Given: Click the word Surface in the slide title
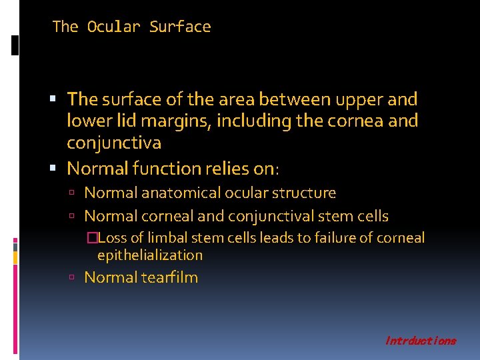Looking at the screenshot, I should click(x=180, y=27).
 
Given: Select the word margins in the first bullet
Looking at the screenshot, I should click(x=170, y=121).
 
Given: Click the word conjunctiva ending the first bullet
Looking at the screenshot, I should click(x=114, y=143).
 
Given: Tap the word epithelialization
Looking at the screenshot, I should click(x=150, y=255).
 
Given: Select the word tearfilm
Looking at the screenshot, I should click(x=170, y=278).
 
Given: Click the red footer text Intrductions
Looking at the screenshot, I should click(x=421, y=341).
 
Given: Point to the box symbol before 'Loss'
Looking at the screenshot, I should click(x=100, y=239).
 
